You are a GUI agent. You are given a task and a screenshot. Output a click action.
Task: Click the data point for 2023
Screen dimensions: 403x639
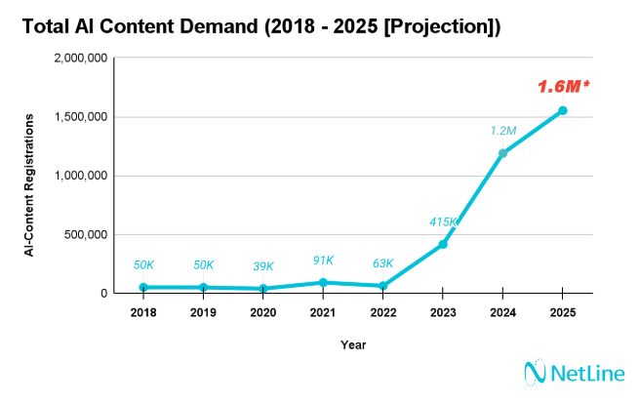[x=443, y=244]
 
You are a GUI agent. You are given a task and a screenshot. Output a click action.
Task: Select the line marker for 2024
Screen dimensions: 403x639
[x=502, y=153]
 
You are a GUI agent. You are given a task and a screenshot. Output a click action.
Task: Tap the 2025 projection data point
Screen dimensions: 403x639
[x=563, y=110]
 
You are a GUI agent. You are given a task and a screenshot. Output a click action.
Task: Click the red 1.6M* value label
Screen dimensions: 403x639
[x=563, y=87]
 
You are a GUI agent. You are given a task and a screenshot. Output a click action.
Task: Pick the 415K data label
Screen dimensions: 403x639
[x=444, y=222]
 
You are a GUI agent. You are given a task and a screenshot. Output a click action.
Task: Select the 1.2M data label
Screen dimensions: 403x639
[x=503, y=131]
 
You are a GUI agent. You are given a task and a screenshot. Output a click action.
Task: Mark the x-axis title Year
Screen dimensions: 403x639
[x=353, y=344]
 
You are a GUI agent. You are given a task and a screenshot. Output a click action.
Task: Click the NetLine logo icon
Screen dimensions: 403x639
[x=533, y=373]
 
